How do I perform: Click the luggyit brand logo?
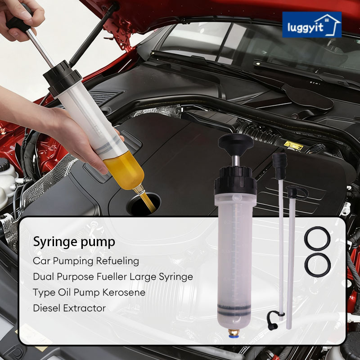312,25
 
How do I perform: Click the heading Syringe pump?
74,242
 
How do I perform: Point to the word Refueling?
117,261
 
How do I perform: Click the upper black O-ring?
317,238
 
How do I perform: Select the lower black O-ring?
317,265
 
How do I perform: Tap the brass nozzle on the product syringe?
234,333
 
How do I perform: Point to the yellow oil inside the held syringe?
125,171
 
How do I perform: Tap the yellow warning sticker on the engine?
293,145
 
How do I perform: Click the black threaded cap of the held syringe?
63,78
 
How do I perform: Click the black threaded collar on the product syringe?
235,180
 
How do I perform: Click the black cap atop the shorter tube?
296,192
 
